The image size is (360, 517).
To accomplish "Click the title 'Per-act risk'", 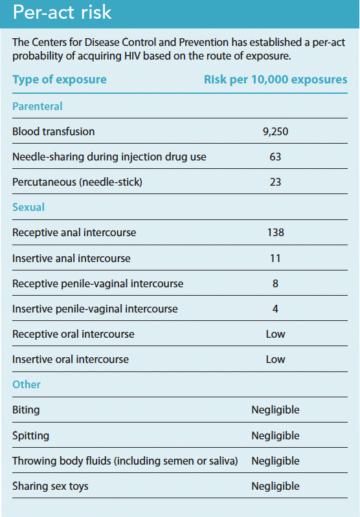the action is pyautogui.click(x=62, y=12).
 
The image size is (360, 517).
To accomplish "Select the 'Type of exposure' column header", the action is pyautogui.click(x=60, y=80).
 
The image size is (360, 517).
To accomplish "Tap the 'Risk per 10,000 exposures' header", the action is pyautogui.click(x=276, y=80).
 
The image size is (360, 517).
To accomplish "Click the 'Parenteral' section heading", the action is pyautogui.click(x=38, y=106).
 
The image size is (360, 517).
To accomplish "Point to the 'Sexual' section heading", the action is pyautogui.click(x=28, y=207).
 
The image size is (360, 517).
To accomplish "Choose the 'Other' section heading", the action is pyautogui.click(x=27, y=384).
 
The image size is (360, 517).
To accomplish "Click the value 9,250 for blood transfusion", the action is pyautogui.click(x=276, y=131).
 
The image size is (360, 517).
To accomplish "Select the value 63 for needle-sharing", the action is pyautogui.click(x=275, y=157).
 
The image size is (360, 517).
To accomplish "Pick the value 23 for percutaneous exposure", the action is pyautogui.click(x=275, y=182).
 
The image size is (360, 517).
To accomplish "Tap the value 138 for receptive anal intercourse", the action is pyautogui.click(x=276, y=232).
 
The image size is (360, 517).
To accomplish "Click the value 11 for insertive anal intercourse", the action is pyautogui.click(x=275, y=258).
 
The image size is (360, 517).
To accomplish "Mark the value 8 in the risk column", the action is pyautogui.click(x=275, y=283).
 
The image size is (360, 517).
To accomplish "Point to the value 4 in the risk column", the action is pyautogui.click(x=275, y=309).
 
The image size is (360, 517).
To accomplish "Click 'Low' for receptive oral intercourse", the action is pyautogui.click(x=276, y=334).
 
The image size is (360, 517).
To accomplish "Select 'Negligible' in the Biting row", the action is pyautogui.click(x=276, y=410).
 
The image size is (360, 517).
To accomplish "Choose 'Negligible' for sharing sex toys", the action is pyautogui.click(x=276, y=486).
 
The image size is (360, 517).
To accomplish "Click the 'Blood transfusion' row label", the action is pyautogui.click(x=54, y=131).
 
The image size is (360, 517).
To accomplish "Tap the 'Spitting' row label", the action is pyautogui.click(x=30, y=436).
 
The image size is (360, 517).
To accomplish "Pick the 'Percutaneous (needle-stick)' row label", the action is pyautogui.click(x=77, y=182).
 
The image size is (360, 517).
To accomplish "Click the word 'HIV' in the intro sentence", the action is pyautogui.click(x=132, y=56).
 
